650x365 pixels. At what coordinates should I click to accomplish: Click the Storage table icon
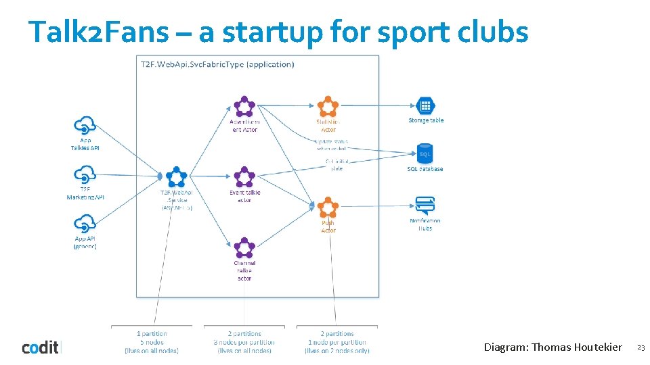point(425,106)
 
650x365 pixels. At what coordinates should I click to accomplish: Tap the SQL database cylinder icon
point(425,154)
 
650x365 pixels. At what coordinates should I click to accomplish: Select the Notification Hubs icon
point(425,205)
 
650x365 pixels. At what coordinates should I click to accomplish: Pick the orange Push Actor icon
point(328,208)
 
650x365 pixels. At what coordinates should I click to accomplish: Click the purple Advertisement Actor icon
point(244,107)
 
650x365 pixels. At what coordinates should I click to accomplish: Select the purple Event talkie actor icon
point(243,177)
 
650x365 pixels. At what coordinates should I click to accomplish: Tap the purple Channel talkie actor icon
point(244,248)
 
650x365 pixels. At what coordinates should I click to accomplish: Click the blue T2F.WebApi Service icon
point(176,176)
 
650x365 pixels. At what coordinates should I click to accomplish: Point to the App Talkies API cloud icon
point(85,126)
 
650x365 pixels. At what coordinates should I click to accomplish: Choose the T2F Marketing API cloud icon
point(85,176)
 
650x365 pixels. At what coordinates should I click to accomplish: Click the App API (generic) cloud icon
point(85,224)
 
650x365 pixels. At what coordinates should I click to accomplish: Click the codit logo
point(41,347)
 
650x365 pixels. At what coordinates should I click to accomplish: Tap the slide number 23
point(641,347)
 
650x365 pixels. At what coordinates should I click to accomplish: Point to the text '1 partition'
point(152,333)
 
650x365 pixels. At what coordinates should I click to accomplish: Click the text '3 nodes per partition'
point(244,342)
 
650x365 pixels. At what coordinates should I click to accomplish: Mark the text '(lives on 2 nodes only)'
point(337,351)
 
